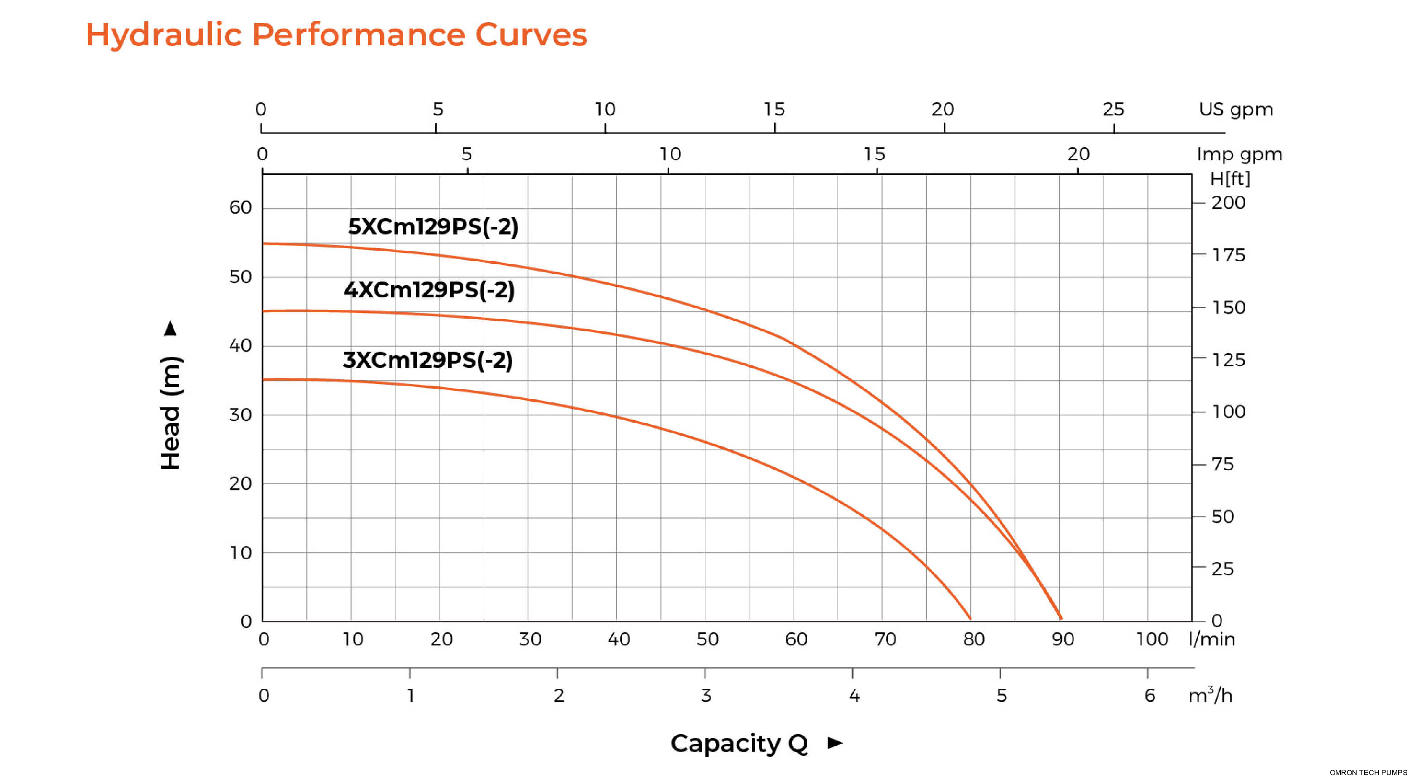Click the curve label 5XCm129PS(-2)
click(x=433, y=227)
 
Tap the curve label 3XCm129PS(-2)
click(x=428, y=360)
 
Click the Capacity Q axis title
click(x=739, y=744)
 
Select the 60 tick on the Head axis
click(x=240, y=208)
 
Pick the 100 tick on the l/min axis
click(x=1152, y=639)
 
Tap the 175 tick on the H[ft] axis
click(x=1228, y=255)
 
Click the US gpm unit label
click(x=1236, y=109)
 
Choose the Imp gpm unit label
click(x=1239, y=154)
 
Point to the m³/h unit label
click(x=1210, y=696)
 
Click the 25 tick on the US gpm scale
click(x=1113, y=109)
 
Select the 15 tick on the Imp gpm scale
click(x=875, y=154)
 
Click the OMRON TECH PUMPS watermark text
click(x=1368, y=773)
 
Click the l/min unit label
click(x=1211, y=639)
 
